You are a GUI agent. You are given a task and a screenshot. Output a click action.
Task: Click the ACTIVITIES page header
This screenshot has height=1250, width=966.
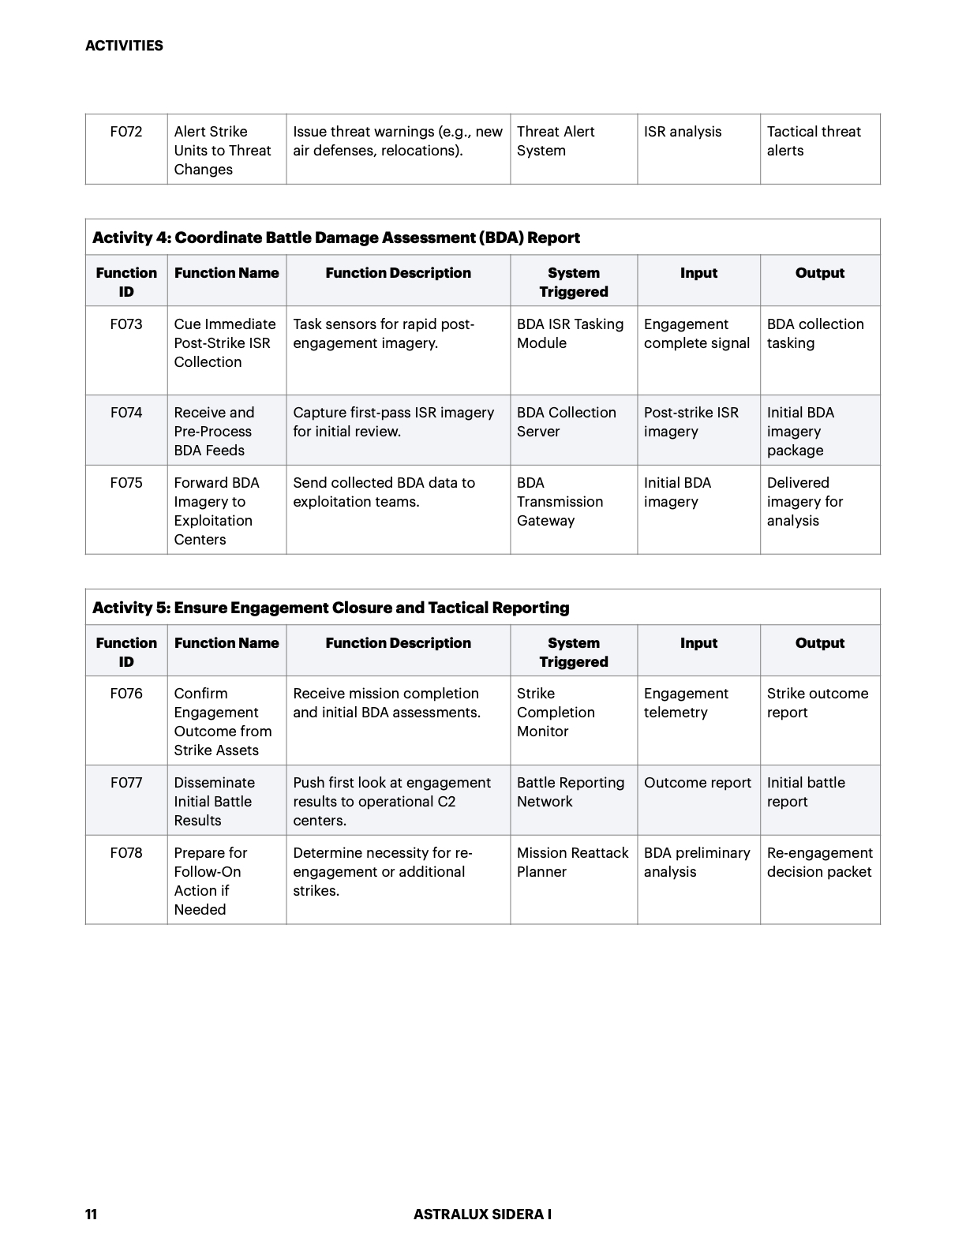[124, 46]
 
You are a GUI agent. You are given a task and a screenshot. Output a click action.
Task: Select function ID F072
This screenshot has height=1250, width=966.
[126, 132]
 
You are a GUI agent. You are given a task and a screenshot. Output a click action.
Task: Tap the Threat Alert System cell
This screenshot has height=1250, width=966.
[556, 141]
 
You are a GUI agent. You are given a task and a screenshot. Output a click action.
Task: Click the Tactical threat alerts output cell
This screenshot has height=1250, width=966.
[814, 141]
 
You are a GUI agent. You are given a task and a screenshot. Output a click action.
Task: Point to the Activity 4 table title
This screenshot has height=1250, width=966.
[336, 238]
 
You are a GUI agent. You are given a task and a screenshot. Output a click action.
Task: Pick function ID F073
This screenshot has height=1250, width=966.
[126, 324]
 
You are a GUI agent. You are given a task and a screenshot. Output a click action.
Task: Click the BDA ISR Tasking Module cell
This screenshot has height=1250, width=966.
[570, 334]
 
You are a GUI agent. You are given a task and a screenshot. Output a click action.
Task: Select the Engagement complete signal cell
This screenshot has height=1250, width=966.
[697, 334]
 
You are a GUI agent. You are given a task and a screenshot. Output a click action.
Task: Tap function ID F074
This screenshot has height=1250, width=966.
[126, 413]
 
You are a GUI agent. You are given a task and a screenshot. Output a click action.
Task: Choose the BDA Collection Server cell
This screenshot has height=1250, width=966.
[566, 422]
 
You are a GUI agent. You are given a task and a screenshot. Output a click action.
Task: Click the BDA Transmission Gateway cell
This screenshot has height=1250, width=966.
[560, 502]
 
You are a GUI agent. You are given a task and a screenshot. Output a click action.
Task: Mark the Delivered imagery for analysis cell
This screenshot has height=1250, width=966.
[805, 502]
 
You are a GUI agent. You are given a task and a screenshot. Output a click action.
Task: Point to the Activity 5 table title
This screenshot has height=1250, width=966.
[331, 608]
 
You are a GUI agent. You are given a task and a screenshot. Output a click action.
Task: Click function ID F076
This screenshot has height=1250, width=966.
[126, 694]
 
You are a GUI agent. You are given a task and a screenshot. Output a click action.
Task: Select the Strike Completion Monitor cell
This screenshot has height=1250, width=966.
[556, 713]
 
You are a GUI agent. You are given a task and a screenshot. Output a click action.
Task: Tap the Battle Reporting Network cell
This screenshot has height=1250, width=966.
[570, 792]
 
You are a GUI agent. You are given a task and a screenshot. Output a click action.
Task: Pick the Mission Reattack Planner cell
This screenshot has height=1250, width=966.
[572, 863]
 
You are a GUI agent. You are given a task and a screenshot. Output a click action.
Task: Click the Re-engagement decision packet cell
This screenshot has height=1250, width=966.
[819, 863]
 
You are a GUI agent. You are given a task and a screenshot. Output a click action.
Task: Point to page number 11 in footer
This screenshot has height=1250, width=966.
[92, 1214]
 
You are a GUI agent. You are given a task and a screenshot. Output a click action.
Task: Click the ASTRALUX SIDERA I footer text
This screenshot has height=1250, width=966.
[482, 1214]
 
